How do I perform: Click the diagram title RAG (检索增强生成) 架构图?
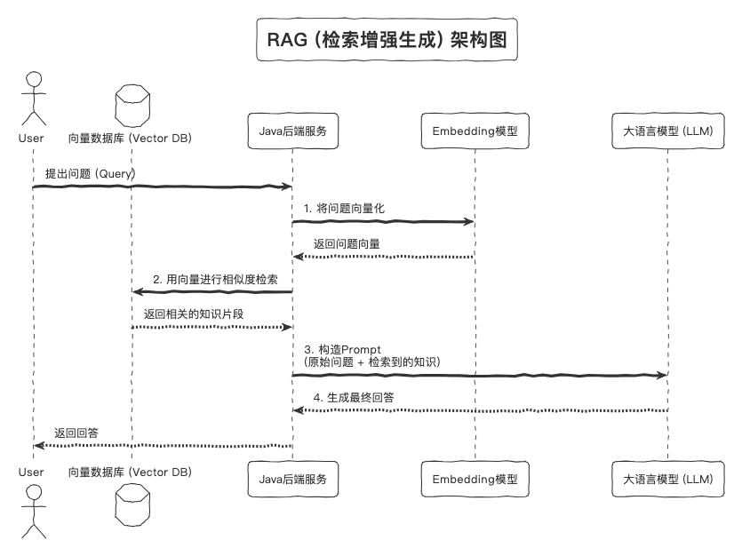[x=387, y=41]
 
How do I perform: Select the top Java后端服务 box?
[x=292, y=131]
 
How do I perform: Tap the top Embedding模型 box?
[x=475, y=131]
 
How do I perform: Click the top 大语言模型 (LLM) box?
[x=668, y=131]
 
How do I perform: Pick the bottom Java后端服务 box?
[x=292, y=479]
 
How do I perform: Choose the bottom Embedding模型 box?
[x=475, y=479]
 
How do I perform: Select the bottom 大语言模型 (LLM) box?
[x=668, y=479]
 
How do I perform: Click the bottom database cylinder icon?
[x=131, y=514]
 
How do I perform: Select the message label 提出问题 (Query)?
[x=90, y=174]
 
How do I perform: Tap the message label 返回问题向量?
[x=347, y=243]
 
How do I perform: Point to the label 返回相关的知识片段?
[x=194, y=314]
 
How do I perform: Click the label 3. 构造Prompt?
[x=343, y=349]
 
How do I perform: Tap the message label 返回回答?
[x=76, y=433]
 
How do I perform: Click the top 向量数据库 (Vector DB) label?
[x=130, y=139]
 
